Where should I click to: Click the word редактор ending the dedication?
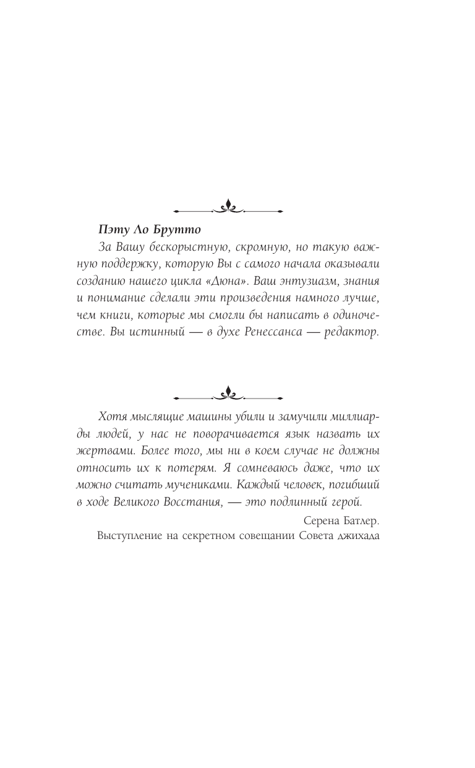pyautogui.click(x=353, y=332)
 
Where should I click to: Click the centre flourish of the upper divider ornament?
pyautogui.click(x=229, y=207)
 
